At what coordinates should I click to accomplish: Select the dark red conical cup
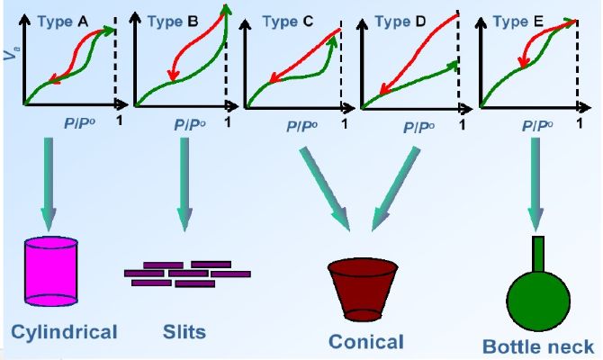tap(363, 287)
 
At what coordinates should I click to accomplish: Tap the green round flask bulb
tap(536, 297)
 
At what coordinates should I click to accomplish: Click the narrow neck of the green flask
tap(537, 253)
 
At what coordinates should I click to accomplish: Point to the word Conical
tap(365, 341)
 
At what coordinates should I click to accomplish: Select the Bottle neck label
tap(538, 346)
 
